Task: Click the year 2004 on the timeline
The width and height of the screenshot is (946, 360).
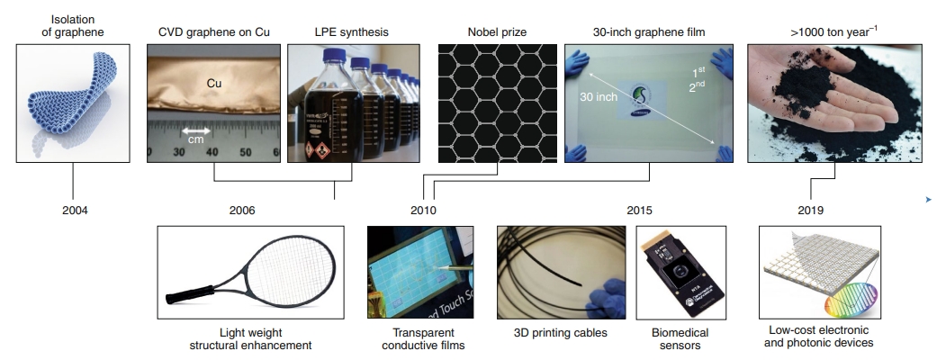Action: [76, 211]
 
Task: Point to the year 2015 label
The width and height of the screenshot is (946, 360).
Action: [641, 211]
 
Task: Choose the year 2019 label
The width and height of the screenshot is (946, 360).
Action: [811, 211]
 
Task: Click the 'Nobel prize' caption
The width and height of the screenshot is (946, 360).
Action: [496, 32]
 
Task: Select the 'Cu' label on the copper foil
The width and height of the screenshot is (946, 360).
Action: [214, 84]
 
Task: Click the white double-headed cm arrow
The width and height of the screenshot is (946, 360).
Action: [195, 129]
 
